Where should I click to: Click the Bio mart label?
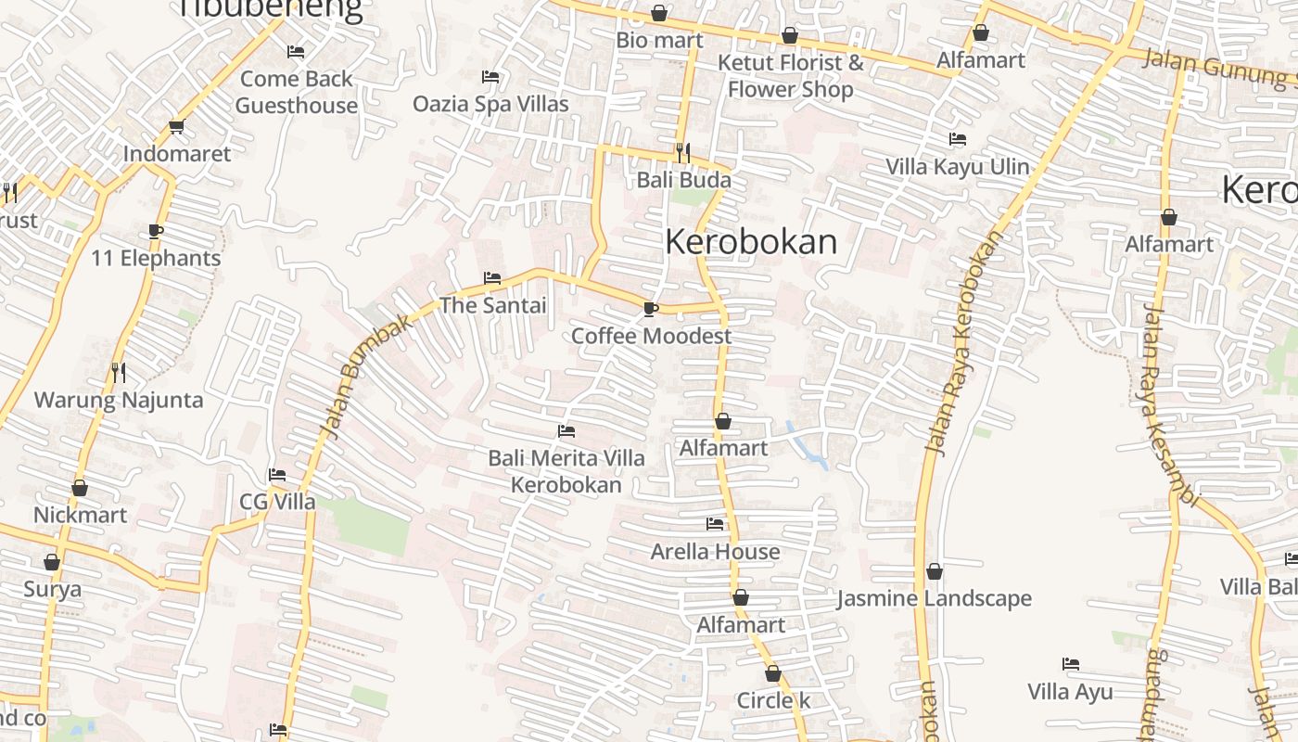pyautogui.click(x=659, y=41)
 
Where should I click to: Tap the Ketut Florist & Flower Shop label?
pyautogui.click(x=790, y=76)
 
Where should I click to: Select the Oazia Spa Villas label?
pyautogui.click(x=490, y=104)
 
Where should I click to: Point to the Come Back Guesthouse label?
pyautogui.click(x=296, y=92)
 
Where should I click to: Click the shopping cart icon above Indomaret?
pyautogui.click(x=176, y=127)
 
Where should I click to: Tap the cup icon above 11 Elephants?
pyautogui.click(x=156, y=231)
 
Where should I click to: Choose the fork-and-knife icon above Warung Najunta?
pyautogui.click(x=119, y=372)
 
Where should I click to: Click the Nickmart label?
pyautogui.click(x=80, y=515)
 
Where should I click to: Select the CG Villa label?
pyautogui.click(x=277, y=502)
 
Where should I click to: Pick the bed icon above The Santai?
pyautogui.click(x=492, y=278)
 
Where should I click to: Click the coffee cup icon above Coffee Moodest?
pyautogui.click(x=651, y=309)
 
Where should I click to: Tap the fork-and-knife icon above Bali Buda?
pyautogui.click(x=683, y=152)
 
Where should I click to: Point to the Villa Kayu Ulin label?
pyautogui.click(x=958, y=167)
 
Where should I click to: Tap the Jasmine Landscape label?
pyautogui.click(x=934, y=598)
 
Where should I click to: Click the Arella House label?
pyautogui.click(x=715, y=552)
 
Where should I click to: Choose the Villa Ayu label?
pyautogui.click(x=1070, y=692)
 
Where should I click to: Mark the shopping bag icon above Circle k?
pyautogui.click(x=773, y=674)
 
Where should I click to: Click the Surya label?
pyautogui.click(x=52, y=589)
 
